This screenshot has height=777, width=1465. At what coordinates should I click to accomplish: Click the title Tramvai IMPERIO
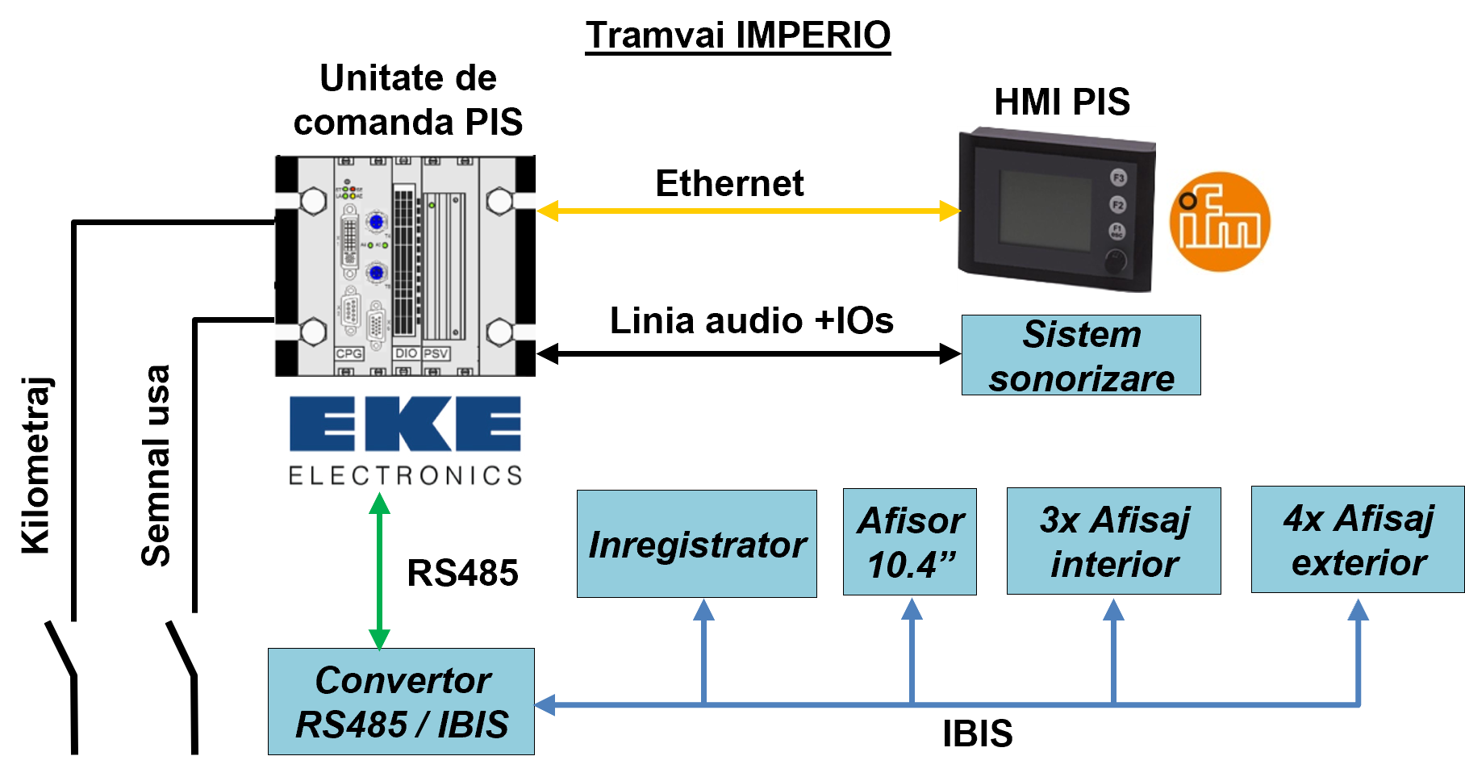coord(737,36)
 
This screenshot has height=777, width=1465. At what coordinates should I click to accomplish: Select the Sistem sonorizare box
coord(1081,355)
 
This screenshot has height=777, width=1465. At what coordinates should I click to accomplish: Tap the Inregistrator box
coord(697,544)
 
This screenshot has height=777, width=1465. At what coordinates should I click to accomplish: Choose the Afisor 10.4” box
coord(910,542)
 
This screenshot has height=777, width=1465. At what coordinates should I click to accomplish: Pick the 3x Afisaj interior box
coord(1114,541)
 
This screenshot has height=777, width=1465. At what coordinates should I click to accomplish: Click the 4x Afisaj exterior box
coord(1358,540)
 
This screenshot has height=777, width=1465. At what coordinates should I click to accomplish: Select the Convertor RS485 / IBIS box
coord(401,701)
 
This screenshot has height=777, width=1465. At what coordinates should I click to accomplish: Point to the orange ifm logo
coord(1220,222)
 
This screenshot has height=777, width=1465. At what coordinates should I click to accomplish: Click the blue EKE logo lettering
coord(405,424)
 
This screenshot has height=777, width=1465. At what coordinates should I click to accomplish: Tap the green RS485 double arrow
coord(379,572)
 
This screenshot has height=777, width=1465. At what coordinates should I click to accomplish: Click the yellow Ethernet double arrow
coord(749,211)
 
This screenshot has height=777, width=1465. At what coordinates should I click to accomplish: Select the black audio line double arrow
coord(749,353)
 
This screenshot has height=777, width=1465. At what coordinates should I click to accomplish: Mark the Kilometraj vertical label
coord(36,466)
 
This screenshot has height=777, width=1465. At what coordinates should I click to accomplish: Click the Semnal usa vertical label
coord(156,466)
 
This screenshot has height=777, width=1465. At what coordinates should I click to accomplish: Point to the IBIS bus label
coord(978,734)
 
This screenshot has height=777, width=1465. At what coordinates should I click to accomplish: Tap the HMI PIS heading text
coord(1062,102)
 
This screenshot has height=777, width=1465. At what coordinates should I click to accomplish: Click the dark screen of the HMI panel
coord(1046,210)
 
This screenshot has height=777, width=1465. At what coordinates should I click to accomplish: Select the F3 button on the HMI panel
coord(1118,178)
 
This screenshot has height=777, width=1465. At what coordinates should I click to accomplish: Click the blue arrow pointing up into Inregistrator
coord(703,651)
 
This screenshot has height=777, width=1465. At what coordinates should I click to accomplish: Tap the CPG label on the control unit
coord(349,353)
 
